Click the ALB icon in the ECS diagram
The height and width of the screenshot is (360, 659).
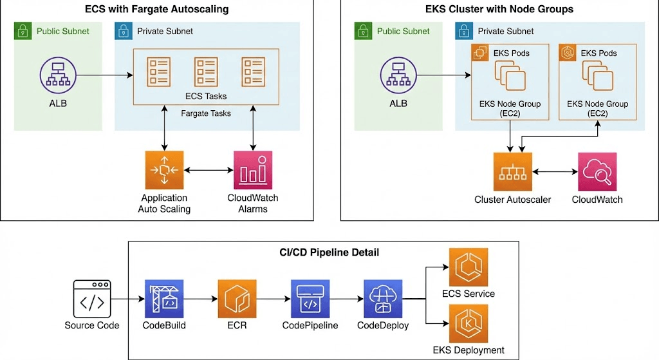[x=59, y=76]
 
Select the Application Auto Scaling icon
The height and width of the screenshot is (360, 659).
[x=164, y=170]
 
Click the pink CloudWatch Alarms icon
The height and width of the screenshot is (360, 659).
[x=253, y=170]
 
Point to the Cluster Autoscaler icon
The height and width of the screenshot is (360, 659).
[x=512, y=171]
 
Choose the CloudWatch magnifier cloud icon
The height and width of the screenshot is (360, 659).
[x=597, y=171]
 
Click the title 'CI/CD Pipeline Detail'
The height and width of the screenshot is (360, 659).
[x=324, y=252]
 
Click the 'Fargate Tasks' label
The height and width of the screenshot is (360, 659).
[x=206, y=113]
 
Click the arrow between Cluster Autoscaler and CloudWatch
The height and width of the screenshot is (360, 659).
[x=555, y=172]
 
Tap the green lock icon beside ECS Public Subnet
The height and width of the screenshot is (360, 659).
[x=23, y=30]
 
